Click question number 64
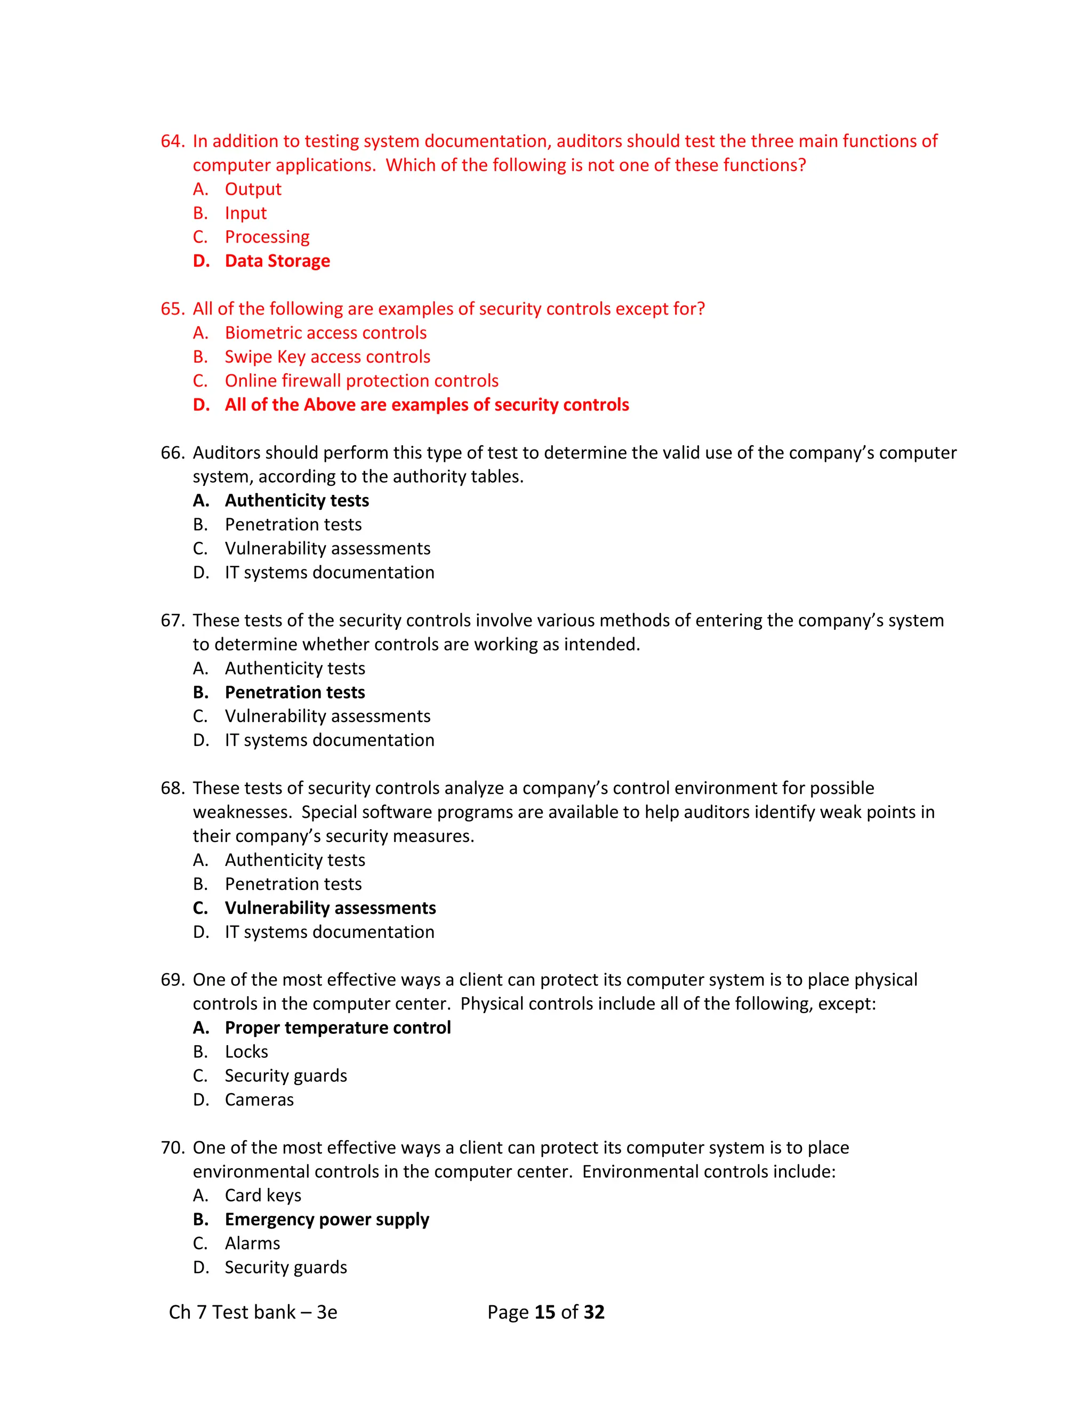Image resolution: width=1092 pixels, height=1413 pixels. pyautogui.click(x=172, y=141)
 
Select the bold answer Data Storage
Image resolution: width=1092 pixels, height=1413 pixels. pyautogui.click(x=277, y=261)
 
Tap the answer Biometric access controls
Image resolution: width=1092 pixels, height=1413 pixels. pyautogui.click(x=325, y=333)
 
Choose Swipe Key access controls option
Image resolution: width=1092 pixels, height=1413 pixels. pyautogui.click(x=327, y=357)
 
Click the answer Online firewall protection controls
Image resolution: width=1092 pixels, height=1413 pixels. pyautogui.click(x=362, y=380)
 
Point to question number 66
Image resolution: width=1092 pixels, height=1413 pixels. pyautogui.click(x=172, y=452)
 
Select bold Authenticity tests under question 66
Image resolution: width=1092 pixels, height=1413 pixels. pyautogui.click(x=297, y=500)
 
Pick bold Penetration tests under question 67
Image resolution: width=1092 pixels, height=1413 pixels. pyautogui.click(x=295, y=692)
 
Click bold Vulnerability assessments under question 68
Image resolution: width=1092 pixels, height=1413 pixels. pyautogui.click(x=330, y=908)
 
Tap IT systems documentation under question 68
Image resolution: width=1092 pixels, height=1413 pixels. pyautogui.click(x=330, y=932)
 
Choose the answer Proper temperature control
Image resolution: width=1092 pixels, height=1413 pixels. pyautogui.click(x=338, y=1027)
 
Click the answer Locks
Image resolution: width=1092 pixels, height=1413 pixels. pyautogui.click(x=246, y=1051)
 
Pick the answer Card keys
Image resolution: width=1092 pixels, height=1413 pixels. pyautogui.click(x=263, y=1195)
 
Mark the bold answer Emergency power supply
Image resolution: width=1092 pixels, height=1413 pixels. pyautogui.click(x=327, y=1219)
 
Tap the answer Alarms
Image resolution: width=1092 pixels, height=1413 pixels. pyautogui.click(x=252, y=1243)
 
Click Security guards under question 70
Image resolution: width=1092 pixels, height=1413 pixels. pyautogui.click(x=286, y=1267)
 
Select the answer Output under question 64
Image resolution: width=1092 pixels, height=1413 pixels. pyautogui.click(x=253, y=189)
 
